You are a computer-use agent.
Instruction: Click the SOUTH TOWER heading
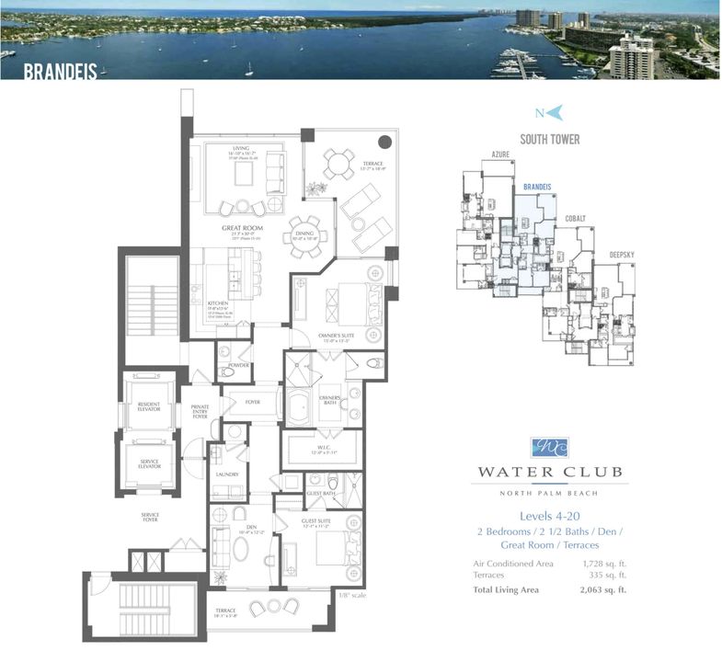click(x=549, y=140)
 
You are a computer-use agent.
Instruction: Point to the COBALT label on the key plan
click(x=576, y=218)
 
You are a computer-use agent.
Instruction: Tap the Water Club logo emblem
click(x=549, y=449)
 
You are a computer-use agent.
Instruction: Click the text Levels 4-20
click(x=549, y=516)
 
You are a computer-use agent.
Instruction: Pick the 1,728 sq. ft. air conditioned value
click(x=605, y=563)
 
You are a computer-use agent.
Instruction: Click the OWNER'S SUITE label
click(x=336, y=336)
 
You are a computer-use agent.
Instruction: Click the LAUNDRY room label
click(x=226, y=473)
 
